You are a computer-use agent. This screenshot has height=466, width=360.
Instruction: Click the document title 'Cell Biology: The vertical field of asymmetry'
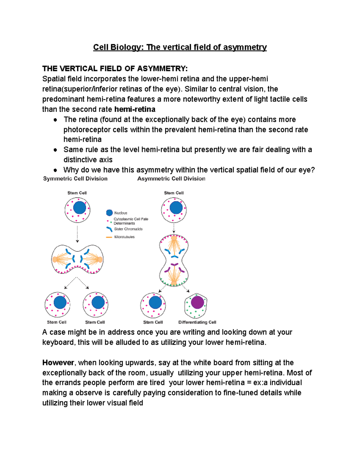click(180, 47)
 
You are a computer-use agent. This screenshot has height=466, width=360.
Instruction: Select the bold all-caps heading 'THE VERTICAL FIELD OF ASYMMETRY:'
click(115, 69)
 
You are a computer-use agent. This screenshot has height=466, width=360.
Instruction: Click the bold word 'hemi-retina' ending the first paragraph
click(135, 109)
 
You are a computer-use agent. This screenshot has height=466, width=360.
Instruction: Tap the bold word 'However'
click(58, 363)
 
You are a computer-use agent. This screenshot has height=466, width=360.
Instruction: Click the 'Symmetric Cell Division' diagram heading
click(75, 179)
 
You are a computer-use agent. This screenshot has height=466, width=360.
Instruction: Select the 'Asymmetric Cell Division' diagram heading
click(171, 179)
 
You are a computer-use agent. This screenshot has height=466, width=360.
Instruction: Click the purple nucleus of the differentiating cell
click(197, 302)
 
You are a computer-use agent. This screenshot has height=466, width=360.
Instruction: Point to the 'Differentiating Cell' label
click(197, 322)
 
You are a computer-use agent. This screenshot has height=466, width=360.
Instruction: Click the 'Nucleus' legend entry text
click(121, 213)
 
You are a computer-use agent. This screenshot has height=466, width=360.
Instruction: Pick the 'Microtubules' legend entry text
click(124, 237)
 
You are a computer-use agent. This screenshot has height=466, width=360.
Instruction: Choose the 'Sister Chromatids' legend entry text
click(128, 229)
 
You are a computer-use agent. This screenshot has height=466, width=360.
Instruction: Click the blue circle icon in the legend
click(109, 213)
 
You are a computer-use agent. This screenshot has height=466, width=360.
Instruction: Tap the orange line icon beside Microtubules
click(109, 237)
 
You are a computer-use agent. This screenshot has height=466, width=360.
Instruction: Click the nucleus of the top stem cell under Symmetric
click(79, 207)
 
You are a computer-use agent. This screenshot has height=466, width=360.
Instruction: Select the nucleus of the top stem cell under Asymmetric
click(176, 207)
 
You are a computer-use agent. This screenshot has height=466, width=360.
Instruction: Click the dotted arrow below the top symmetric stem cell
click(77, 234)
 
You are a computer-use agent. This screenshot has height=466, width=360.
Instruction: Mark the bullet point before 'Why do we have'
click(55, 170)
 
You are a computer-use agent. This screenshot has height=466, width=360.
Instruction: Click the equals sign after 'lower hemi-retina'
click(249, 383)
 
